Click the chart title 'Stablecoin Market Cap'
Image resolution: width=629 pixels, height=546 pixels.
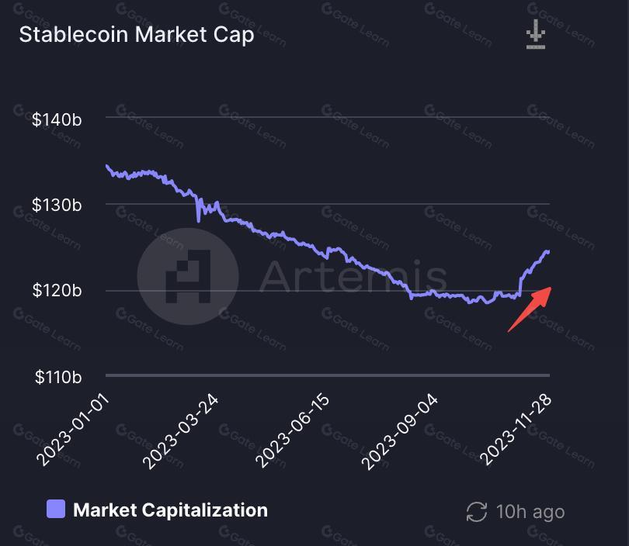pyautogui.click(x=137, y=35)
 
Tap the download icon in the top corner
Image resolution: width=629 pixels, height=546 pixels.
pyautogui.click(x=536, y=36)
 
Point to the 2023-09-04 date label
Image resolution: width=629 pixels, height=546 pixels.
pyautogui.click(x=402, y=431)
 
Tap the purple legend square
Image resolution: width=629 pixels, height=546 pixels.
pyautogui.click(x=56, y=510)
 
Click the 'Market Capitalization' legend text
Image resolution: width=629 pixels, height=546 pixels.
pyautogui.click(x=170, y=510)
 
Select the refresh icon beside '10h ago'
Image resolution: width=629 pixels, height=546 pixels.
pyautogui.click(x=476, y=512)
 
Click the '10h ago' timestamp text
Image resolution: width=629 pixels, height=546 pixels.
pyautogui.click(x=530, y=512)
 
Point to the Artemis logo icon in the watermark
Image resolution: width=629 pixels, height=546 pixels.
pyautogui.click(x=188, y=276)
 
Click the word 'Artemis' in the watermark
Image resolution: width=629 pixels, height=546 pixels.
pyautogui.click(x=353, y=276)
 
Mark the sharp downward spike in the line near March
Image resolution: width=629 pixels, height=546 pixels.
pyautogui.click(x=199, y=220)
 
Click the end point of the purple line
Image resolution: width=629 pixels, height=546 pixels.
pyautogui.click(x=548, y=251)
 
